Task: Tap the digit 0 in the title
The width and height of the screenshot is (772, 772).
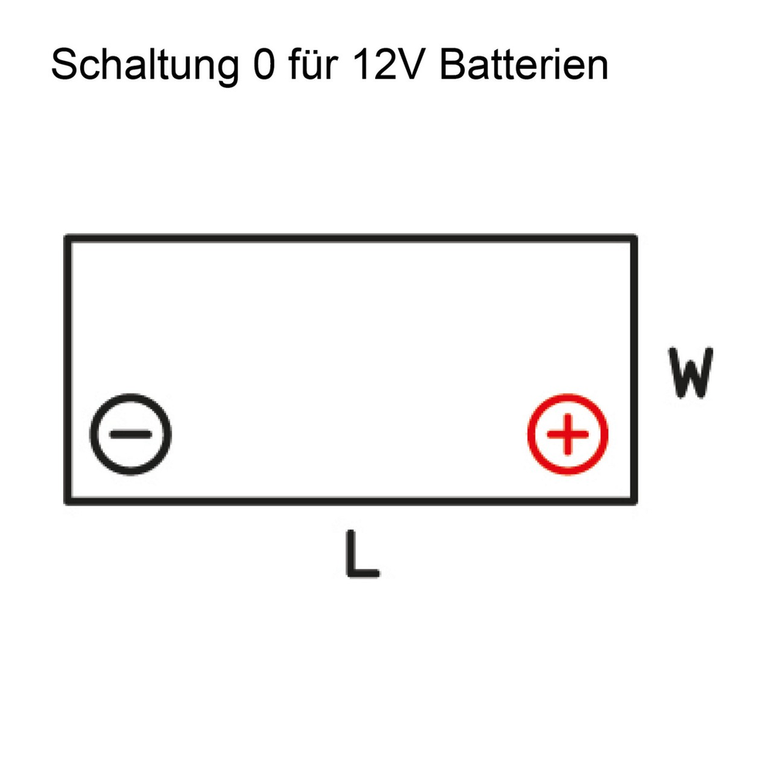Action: pos(264,64)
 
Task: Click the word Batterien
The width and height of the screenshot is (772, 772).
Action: pos(524,64)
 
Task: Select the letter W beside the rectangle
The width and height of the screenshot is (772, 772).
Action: pos(690,373)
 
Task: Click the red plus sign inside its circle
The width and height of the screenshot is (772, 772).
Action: pos(567,434)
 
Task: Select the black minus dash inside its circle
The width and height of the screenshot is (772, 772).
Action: pos(130,434)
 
